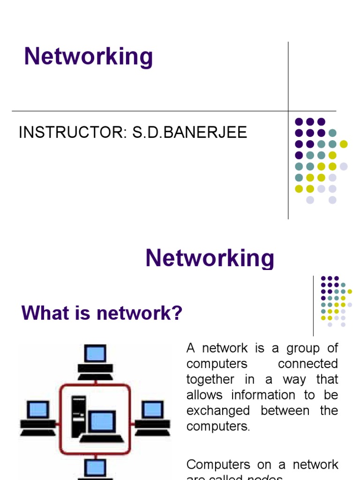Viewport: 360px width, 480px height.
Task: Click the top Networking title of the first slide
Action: (89, 57)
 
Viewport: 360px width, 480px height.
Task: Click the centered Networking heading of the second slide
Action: (210, 258)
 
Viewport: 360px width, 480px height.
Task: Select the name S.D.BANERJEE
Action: (189, 133)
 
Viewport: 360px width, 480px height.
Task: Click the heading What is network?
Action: (102, 313)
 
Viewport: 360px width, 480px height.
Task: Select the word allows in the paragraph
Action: (204, 395)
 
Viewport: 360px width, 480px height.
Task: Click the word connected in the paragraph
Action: (307, 364)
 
